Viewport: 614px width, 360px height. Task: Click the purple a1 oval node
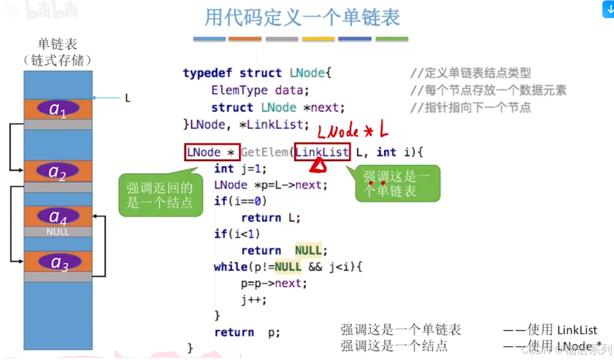(x=58, y=108)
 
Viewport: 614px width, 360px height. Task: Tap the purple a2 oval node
(x=58, y=171)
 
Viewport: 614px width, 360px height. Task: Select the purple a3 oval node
(x=58, y=262)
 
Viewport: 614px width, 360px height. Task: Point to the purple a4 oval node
(x=58, y=216)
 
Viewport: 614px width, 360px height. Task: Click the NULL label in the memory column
(x=58, y=232)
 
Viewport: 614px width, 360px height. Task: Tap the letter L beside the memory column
(x=128, y=98)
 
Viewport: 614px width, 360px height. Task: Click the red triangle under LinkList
(x=318, y=166)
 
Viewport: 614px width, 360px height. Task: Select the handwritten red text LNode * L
(x=353, y=131)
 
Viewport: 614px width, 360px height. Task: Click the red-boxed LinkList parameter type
(x=322, y=152)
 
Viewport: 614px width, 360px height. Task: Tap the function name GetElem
(x=264, y=152)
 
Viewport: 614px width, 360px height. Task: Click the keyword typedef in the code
(x=208, y=73)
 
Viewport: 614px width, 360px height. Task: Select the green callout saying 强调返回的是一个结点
(x=160, y=195)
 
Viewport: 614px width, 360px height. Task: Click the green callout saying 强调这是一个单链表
(x=397, y=184)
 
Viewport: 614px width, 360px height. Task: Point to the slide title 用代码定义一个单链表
(x=302, y=18)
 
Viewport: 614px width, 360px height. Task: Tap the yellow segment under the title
(x=318, y=39)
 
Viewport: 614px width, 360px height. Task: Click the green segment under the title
(x=392, y=39)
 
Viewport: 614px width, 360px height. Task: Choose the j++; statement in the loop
(x=254, y=300)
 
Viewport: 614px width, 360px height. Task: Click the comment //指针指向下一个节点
(x=470, y=107)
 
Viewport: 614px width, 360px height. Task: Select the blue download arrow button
(x=608, y=9)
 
